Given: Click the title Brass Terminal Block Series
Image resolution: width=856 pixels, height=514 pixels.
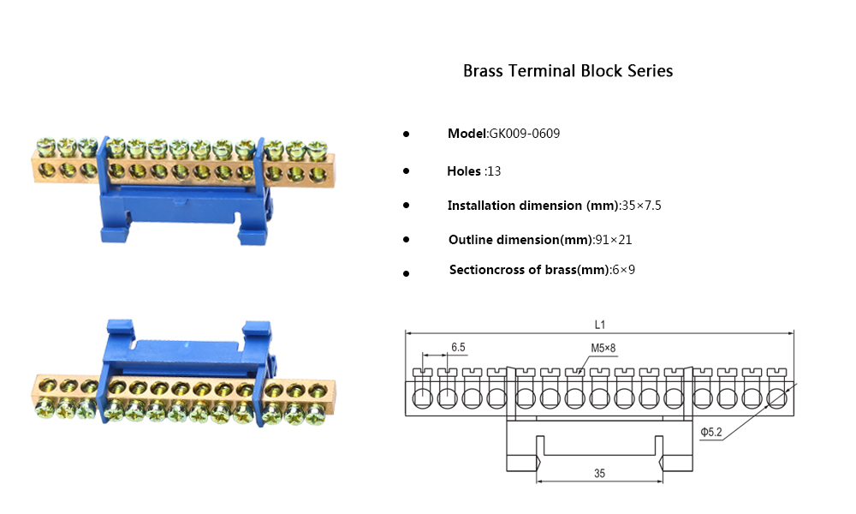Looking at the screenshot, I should point(568,71).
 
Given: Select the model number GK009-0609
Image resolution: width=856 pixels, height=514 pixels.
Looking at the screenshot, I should point(525,134).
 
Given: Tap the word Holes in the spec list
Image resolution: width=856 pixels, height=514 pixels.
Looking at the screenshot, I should point(464,171).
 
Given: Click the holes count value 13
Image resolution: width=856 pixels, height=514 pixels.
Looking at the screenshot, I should point(494,171).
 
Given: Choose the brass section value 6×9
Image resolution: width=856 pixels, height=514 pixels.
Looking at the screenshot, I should point(624,270).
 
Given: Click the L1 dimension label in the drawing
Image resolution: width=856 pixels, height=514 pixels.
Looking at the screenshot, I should point(600,326).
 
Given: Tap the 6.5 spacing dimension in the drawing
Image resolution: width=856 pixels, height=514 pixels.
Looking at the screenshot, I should point(458,348).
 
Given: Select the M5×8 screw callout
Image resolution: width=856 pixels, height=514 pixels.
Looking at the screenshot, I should point(603,348).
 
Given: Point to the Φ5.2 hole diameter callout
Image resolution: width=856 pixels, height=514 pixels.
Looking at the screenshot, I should point(711,433).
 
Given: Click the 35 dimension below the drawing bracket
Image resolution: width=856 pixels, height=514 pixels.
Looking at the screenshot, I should point(600,473).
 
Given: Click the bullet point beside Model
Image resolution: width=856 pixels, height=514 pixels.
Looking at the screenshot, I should point(406,135).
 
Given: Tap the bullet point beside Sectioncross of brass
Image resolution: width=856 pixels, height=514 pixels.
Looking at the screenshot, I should point(406,273).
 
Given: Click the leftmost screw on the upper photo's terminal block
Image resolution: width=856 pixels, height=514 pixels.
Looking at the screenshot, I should point(44,147).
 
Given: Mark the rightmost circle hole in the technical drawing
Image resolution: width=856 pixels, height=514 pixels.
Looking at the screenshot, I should point(776,398).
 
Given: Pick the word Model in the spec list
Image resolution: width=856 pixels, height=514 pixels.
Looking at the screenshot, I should point(467,134).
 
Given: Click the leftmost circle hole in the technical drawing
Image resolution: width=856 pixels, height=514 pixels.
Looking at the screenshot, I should point(422,398).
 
